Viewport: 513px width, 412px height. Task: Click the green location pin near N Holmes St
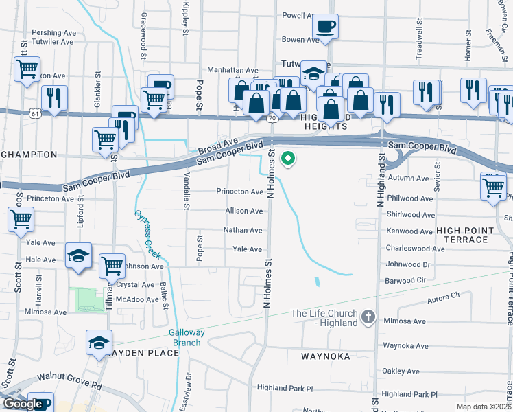pyautogui.click(x=289, y=159)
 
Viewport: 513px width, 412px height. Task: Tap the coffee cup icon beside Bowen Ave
pyautogui.click(x=325, y=27)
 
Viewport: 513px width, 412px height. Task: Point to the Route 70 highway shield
pyautogui.click(x=272, y=119)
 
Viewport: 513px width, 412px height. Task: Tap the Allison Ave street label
pyautogui.click(x=244, y=211)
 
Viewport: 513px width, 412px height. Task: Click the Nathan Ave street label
pyautogui.click(x=243, y=230)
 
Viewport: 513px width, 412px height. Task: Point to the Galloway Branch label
pyautogui.click(x=187, y=337)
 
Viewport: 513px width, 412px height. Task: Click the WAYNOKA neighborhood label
pyautogui.click(x=326, y=356)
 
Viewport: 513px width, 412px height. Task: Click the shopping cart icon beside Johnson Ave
pyautogui.click(x=112, y=266)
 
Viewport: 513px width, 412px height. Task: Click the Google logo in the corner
pyautogui.click(x=23, y=404)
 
